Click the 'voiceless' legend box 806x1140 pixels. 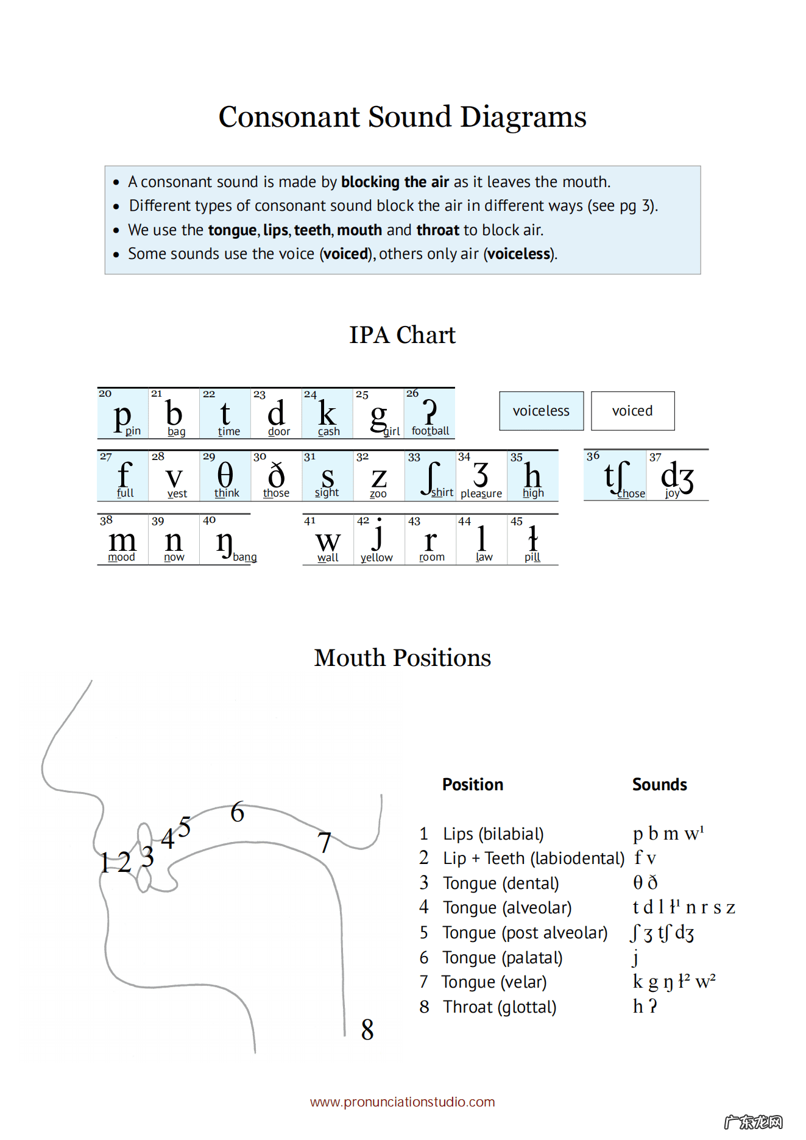click(541, 411)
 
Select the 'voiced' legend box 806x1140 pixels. click(632, 411)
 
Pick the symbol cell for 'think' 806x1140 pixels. click(225, 476)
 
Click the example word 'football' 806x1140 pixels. click(430, 431)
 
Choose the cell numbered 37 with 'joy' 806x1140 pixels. click(677, 476)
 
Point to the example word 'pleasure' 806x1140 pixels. click(481, 494)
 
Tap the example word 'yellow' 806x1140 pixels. click(376, 558)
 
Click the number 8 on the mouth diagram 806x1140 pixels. click(367, 1030)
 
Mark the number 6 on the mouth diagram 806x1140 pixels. click(238, 812)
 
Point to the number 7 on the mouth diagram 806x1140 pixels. click(325, 843)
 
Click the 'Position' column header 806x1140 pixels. click(473, 785)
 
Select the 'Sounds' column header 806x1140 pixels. click(659, 785)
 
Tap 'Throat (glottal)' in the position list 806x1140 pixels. click(500, 1007)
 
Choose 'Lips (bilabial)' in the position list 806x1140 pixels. click(493, 834)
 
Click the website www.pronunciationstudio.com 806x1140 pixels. click(402, 1102)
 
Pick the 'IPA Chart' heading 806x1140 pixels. click(402, 335)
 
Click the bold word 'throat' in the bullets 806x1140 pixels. click(437, 230)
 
